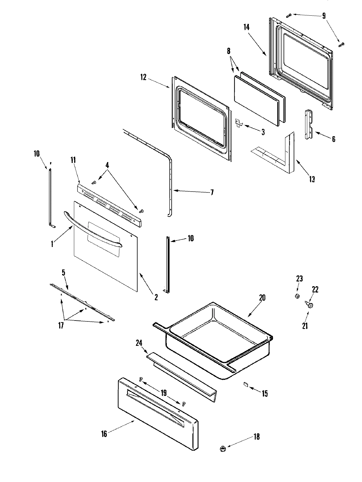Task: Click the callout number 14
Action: pyautogui.click(x=246, y=27)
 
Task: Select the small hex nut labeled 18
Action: pyautogui.click(x=223, y=449)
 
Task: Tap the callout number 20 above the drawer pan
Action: pyautogui.click(x=262, y=298)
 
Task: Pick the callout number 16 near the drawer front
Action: pyautogui.click(x=104, y=434)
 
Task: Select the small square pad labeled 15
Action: pyautogui.click(x=245, y=384)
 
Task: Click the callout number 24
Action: pyautogui.click(x=139, y=343)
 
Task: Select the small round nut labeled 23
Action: pyautogui.click(x=297, y=296)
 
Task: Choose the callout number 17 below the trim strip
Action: pyautogui.click(x=61, y=326)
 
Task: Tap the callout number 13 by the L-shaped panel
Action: pyautogui.click(x=312, y=179)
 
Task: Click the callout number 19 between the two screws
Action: pyautogui.click(x=164, y=393)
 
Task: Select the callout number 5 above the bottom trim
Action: pyautogui.click(x=63, y=273)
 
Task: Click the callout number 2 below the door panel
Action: pyautogui.click(x=156, y=297)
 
